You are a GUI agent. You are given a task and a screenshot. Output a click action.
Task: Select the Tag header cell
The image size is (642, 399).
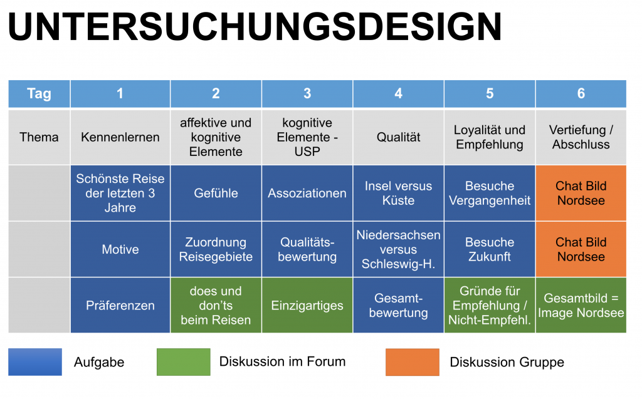39,93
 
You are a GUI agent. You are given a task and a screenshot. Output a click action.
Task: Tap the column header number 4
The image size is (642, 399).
398,93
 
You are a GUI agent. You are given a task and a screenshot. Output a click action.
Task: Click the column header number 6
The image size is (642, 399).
581,93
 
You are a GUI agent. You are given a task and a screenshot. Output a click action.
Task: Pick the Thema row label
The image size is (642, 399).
39,137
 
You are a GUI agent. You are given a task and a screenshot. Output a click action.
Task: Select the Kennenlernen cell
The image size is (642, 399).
120,137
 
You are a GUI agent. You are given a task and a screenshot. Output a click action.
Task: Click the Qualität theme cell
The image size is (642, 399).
398,137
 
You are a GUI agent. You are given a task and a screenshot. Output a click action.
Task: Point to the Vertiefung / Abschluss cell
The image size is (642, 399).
581,137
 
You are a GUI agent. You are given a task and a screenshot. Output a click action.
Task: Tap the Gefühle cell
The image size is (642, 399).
216,193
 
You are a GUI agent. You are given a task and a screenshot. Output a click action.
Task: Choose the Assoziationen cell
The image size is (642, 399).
307,193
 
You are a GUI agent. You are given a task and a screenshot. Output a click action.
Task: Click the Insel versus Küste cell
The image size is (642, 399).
398,193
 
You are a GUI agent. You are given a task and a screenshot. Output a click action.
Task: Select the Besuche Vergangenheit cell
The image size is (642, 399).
490,193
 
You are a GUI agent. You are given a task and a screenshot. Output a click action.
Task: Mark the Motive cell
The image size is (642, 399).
120,249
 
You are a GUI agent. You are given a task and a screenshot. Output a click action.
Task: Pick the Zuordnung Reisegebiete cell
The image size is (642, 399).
216,249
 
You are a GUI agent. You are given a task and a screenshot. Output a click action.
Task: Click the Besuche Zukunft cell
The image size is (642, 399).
490,249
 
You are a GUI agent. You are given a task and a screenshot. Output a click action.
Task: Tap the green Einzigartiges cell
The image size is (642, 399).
307,306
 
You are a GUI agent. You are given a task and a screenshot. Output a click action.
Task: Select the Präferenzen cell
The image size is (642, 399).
120,306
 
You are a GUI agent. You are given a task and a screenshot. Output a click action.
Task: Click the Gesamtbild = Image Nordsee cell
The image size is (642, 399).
581,306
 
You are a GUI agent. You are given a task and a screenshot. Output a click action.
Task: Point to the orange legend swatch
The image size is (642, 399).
412,361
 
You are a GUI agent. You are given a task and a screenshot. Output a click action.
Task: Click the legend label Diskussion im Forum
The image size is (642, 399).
282,361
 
